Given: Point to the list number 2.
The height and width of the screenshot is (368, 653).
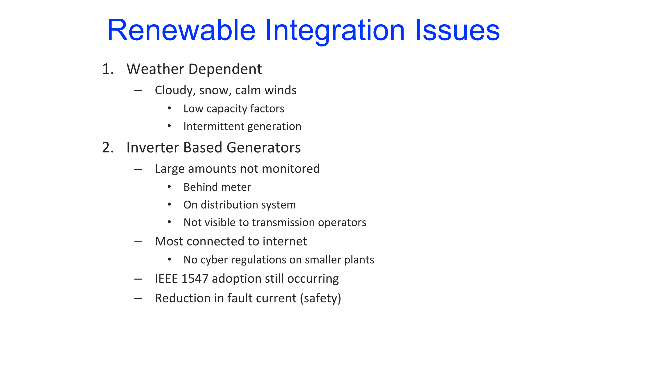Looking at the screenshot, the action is point(108,147).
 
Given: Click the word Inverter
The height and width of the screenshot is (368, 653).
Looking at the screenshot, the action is point(153,147).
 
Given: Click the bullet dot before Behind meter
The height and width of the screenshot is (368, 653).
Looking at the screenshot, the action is point(169,187).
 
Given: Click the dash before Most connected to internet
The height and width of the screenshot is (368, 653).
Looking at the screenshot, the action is point(138,242).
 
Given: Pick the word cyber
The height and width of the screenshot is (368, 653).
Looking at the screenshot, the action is point(214,260).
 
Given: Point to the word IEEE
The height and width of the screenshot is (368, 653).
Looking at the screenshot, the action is point(167,279).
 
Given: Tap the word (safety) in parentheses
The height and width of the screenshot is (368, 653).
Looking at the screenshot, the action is point(321,298).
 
